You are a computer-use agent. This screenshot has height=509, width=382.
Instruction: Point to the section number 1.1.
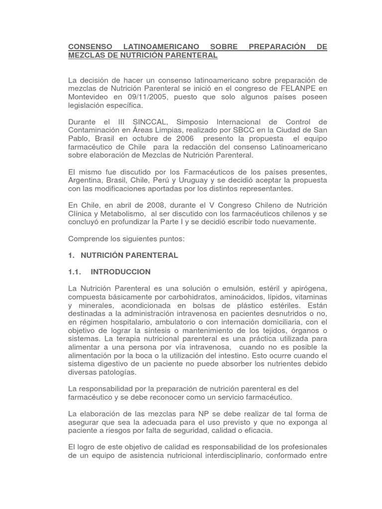(74, 272)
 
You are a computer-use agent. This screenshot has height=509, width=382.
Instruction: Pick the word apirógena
(304, 289)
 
